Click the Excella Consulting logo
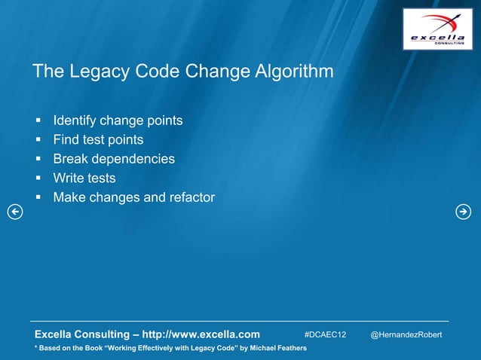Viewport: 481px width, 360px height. pos(437,29)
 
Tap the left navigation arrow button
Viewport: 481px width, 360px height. pos(14,212)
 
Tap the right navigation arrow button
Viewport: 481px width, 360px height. pos(463,212)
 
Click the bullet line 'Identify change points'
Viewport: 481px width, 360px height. pos(118,121)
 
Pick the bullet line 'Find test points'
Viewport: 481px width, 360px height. pos(98,140)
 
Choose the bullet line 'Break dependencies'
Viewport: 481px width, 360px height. pos(114,159)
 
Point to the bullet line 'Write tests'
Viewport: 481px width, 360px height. pos(84,178)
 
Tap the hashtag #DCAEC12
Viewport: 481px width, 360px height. pos(325,334)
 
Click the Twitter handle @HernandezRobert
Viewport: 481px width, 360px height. pos(406,334)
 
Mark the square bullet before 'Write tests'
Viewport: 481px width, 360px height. pos(37,178)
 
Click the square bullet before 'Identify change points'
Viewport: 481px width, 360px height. pos(37,121)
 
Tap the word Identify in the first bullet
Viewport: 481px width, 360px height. pos(75,121)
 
